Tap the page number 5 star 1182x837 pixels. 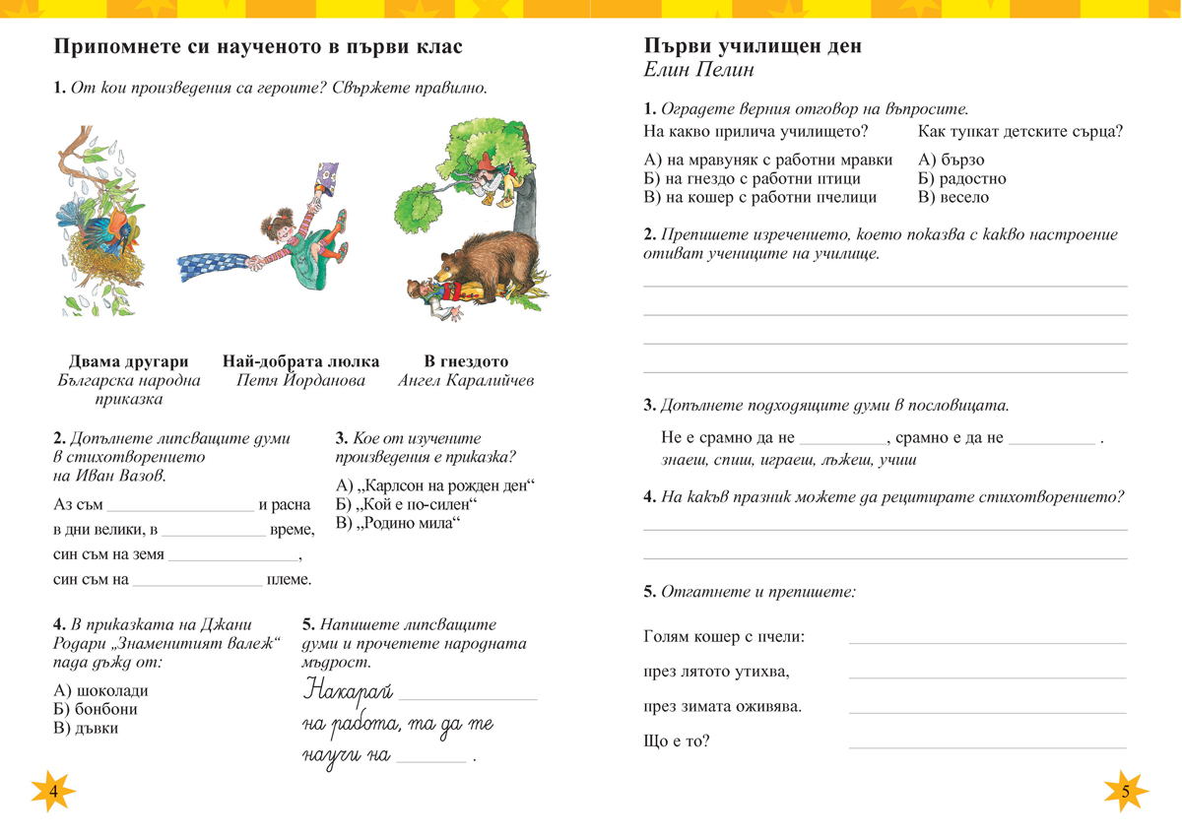tap(1125, 791)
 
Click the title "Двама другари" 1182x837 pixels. tap(129, 361)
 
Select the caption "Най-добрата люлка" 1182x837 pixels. tap(301, 361)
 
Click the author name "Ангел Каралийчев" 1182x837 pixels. tap(466, 380)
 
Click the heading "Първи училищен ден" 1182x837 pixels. tap(753, 46)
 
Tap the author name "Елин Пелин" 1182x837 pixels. tap(699, 71)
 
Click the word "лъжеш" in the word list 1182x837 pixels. tap(850, 460)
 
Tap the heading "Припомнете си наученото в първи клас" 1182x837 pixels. tap(258, 46)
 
